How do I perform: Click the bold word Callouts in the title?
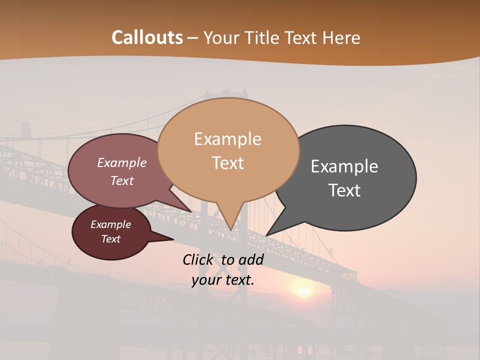(x=147, y=37)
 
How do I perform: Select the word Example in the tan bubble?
(x=227, y=139)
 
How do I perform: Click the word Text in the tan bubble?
(x=227, y=163)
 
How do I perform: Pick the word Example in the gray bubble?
(x=344, y=166)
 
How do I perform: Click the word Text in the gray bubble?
(x=344, y=190)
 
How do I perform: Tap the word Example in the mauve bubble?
(x=121, y=163)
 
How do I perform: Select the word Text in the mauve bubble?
(x=121, y=180)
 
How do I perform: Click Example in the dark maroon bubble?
(x=110, y=224)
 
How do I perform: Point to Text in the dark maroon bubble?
(x=110, y=239)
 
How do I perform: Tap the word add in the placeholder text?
(x=250, y=259)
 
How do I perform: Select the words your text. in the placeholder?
(x=222, y=280)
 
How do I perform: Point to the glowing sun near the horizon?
(x=303, y=291)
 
